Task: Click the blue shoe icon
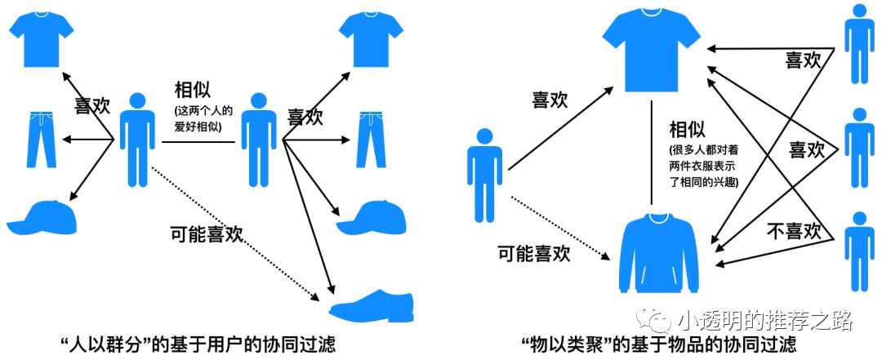[x=372, y=304]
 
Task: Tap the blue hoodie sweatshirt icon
[x=659, y=252]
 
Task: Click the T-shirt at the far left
[x=41, y=39]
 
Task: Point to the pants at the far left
[x=41, y=140]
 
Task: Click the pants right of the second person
[x=372, y=140]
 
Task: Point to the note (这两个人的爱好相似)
[x=195, y=118]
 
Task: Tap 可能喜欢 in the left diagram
[x=207, y=233]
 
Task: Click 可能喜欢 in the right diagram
[x=534, y=253]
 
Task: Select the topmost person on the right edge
[x=859, y=43]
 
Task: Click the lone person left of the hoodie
[x=484, y=175]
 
